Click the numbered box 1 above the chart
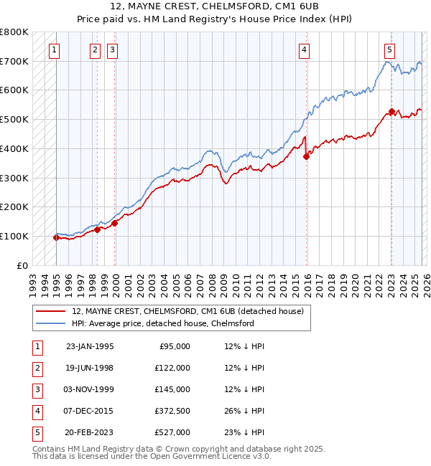(55, 49)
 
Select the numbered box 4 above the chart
(305, 49)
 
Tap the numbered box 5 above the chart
(389, 49)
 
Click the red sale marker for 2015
(306, 157)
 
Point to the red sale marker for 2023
(391, 112)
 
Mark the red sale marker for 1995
(56, 237)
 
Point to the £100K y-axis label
(14, 236)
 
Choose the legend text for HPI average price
(163, 323)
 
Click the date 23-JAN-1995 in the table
(90, 346)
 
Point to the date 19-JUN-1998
(90, 368)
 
